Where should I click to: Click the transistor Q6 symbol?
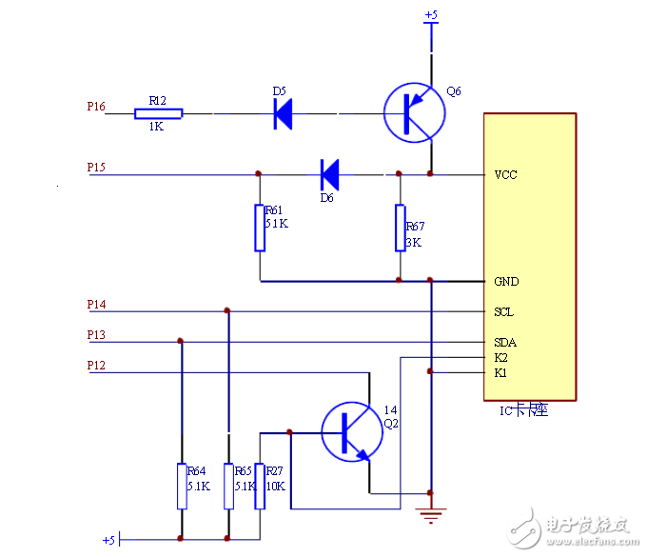[x=415, y=113]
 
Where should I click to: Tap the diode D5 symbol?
[x=283, y=113]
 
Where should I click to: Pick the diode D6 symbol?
[x=329, y=174]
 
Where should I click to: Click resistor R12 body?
[x=158, y=113]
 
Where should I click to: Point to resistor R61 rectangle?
[x=260, y=228]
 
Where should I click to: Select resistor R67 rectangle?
[x=401, y=228]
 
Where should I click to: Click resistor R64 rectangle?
[x=181, y=486]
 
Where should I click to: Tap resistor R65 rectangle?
[x=228, y=486]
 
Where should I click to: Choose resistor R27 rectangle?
[x=260, y=486]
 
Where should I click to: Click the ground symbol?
[x=432, y=516]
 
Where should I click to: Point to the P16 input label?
[x=96, y=107]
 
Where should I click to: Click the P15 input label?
[x=96, y=168]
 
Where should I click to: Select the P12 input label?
[x=96, y=366]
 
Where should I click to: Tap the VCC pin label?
[x=505, y=175]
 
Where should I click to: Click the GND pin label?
[x=505, y=282]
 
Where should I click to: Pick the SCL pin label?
[x=503, y=312]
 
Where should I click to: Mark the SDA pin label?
[x=504, y=343]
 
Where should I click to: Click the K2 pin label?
[x=500, y=358]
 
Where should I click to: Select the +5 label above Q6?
[x=431, y=15]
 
